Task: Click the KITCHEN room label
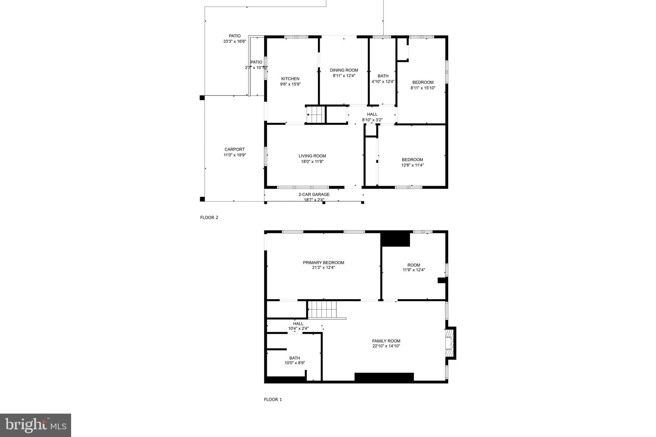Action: tap(290, 79)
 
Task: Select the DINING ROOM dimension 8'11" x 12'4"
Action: tap(344, 76)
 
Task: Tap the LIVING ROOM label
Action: tap(312, 156)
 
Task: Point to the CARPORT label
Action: tap(234, 149)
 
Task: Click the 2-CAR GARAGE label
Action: tap(314, 194)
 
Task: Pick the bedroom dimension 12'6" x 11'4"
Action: tap(412, 165)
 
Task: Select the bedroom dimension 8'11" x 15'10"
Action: tap(423, 88)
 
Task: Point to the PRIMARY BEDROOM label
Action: tap(324, 263)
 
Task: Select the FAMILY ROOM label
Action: tap(386, 341)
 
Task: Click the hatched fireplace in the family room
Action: tap(450, 343)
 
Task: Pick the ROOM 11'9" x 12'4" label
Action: tap(414, 265)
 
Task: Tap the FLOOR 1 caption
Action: tap(273, 400)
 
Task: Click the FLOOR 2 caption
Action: tap(209, 218)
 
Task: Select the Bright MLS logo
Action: tap(35, 425)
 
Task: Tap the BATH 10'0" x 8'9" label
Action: tap(294, 358)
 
